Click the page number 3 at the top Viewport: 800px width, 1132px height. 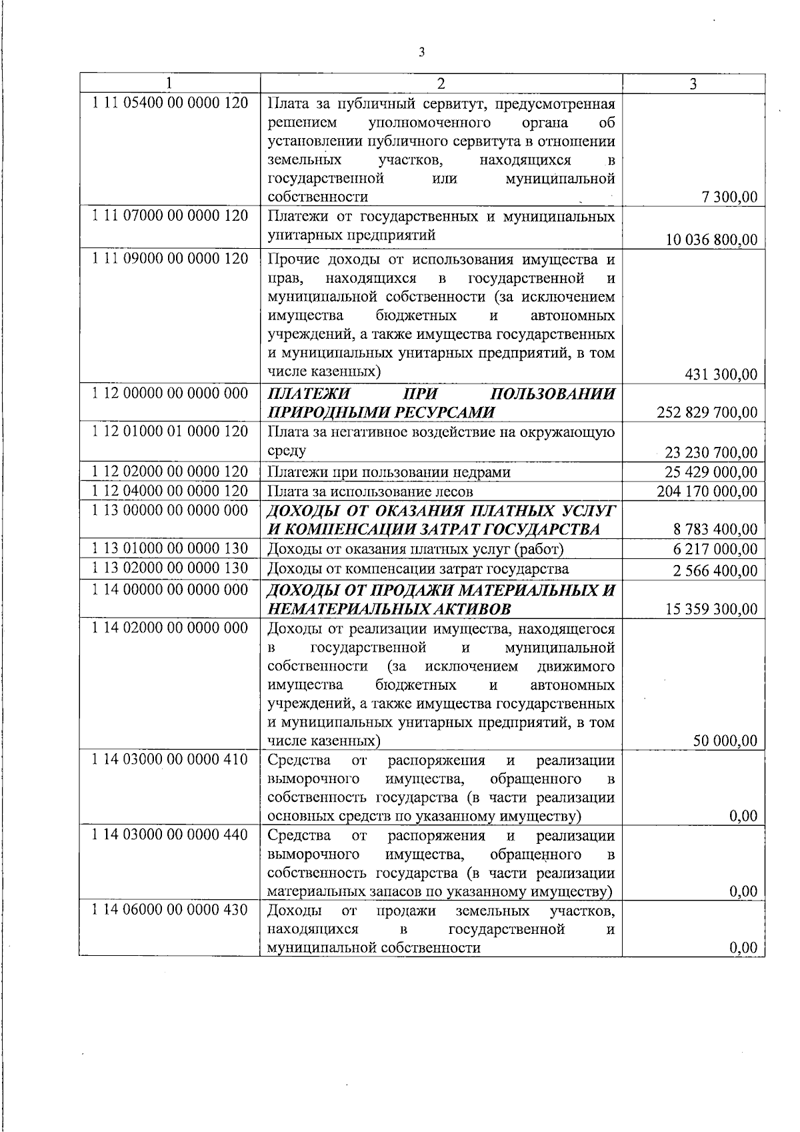pos(421,52)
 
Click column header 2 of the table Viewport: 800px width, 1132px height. pos(441,83)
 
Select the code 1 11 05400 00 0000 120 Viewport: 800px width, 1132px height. pos(170,103)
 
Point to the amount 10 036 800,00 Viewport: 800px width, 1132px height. pos(711,239)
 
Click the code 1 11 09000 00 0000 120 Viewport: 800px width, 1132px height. pos(170,258)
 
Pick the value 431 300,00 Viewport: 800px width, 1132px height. pos(721,374)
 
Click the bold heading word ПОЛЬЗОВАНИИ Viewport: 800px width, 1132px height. pos(557,394)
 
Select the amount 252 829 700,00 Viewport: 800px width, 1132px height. pos(707,412)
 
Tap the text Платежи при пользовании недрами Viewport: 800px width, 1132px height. pos(389,472)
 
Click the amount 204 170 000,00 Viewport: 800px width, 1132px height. pos(707,492)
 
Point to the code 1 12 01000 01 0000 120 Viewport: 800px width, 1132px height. pos(170,431)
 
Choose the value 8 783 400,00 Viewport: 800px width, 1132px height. pos(716,530)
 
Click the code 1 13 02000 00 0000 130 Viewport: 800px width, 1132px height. pos(170,568)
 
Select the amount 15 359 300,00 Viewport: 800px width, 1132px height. pos(711,608)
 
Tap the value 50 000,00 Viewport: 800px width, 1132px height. pos(725,740)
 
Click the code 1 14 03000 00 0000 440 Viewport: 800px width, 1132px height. pos(170,834)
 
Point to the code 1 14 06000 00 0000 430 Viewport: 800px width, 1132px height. pos(170,910)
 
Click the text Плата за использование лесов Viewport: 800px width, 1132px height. pos(370,492)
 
